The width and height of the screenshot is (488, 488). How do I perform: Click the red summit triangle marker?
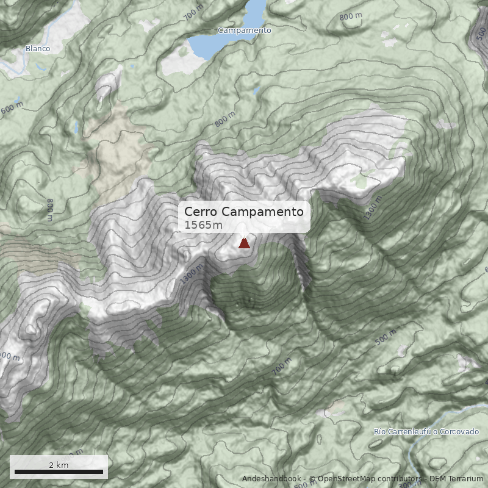(244, 243)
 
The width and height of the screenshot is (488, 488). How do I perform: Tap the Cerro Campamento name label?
(244, 212)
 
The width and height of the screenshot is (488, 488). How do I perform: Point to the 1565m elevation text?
(204, 225)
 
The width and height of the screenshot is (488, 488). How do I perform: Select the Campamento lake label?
(244, 30)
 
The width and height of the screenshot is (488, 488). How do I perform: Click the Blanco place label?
(38, 48)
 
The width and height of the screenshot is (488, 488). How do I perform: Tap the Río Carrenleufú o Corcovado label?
(426, 432)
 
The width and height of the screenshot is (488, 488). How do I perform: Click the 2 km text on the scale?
(59, 465)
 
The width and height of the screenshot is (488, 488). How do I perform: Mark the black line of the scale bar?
(59, 472)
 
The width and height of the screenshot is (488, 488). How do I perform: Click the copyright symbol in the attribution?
(312, 479)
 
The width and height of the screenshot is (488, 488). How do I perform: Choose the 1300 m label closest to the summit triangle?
(193, 275)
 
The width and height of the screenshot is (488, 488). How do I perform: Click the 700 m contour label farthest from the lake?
(282, 367)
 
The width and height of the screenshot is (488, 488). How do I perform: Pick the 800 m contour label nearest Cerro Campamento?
(224, 120)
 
